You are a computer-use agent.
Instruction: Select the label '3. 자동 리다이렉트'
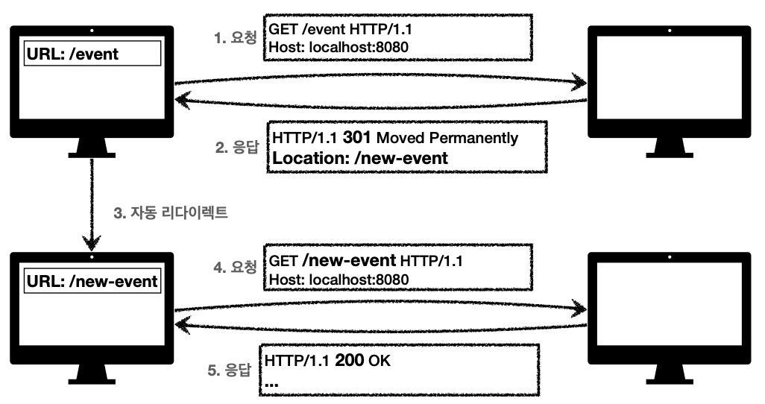[170, 213]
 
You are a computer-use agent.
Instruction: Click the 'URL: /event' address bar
[92, 54]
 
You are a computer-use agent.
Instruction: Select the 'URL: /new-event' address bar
[92, 281]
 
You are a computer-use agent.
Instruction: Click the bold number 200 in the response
[350, 362]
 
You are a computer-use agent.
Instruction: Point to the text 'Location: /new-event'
[359, 158]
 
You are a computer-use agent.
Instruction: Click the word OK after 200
[380, 362]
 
